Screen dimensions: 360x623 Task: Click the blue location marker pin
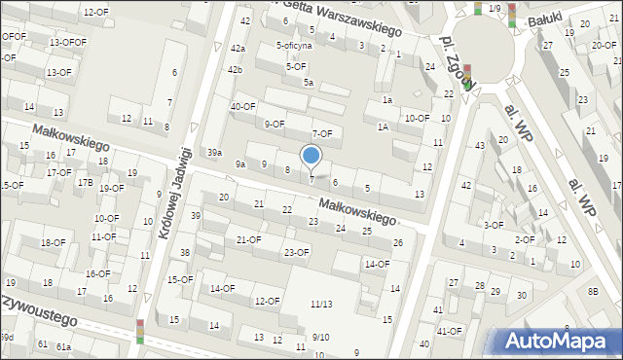[311, 156]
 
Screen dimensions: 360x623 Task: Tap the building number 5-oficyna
[294, 46]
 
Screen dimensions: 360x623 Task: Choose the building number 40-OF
[242, 106]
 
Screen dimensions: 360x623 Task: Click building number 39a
[215, 153]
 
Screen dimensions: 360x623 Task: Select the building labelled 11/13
[320, 305]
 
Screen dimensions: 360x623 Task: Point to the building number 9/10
[321, 338]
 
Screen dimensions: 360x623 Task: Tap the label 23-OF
[296, 253]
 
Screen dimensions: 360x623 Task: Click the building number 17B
[86, 182]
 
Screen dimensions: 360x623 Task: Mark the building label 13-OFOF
[68, 43]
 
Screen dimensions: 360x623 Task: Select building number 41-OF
[449, 331]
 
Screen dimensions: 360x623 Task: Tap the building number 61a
[64, 346]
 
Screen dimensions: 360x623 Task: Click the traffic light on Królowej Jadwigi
[140, 332]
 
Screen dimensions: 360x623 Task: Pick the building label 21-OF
[248, 239]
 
